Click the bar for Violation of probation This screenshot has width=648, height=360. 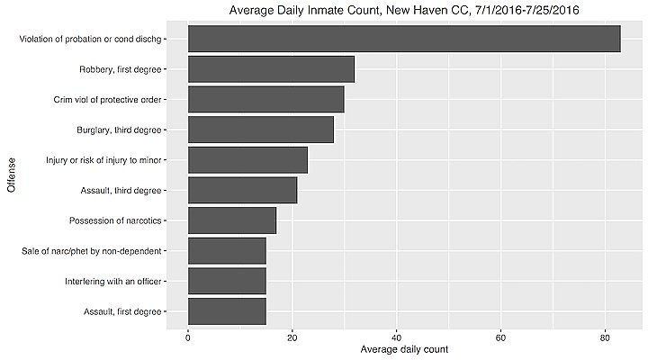[x=403, y=39]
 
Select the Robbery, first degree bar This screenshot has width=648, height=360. [x=271, y=69]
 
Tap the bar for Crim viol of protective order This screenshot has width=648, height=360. [x=265, y=99]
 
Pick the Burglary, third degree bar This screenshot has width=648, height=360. [x=260, y=130]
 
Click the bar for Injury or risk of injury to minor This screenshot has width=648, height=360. [x=247, y=160]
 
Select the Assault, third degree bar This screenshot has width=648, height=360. [x=242, y=190]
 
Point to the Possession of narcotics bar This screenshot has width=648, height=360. [x=231, y=220]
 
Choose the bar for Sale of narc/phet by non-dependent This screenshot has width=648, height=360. [x=227, y=251]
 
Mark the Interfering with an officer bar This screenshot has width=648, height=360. [x=227, y=281]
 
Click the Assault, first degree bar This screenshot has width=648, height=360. [x=227, y=311]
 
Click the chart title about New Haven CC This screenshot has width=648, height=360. [x=403, y=10]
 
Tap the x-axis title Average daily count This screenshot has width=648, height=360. [x=403, y=349]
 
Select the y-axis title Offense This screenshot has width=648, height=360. [x=12, y=175]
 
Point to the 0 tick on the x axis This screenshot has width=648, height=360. [x=188, y=336]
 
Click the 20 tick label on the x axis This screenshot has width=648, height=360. [x=292, y=336]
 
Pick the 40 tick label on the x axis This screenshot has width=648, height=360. [x=396, y=336]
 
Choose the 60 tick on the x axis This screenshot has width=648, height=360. [x=500, y=336]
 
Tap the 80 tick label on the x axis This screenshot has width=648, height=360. [x=604, y=336]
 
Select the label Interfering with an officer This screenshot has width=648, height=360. [x=112, y=281]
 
